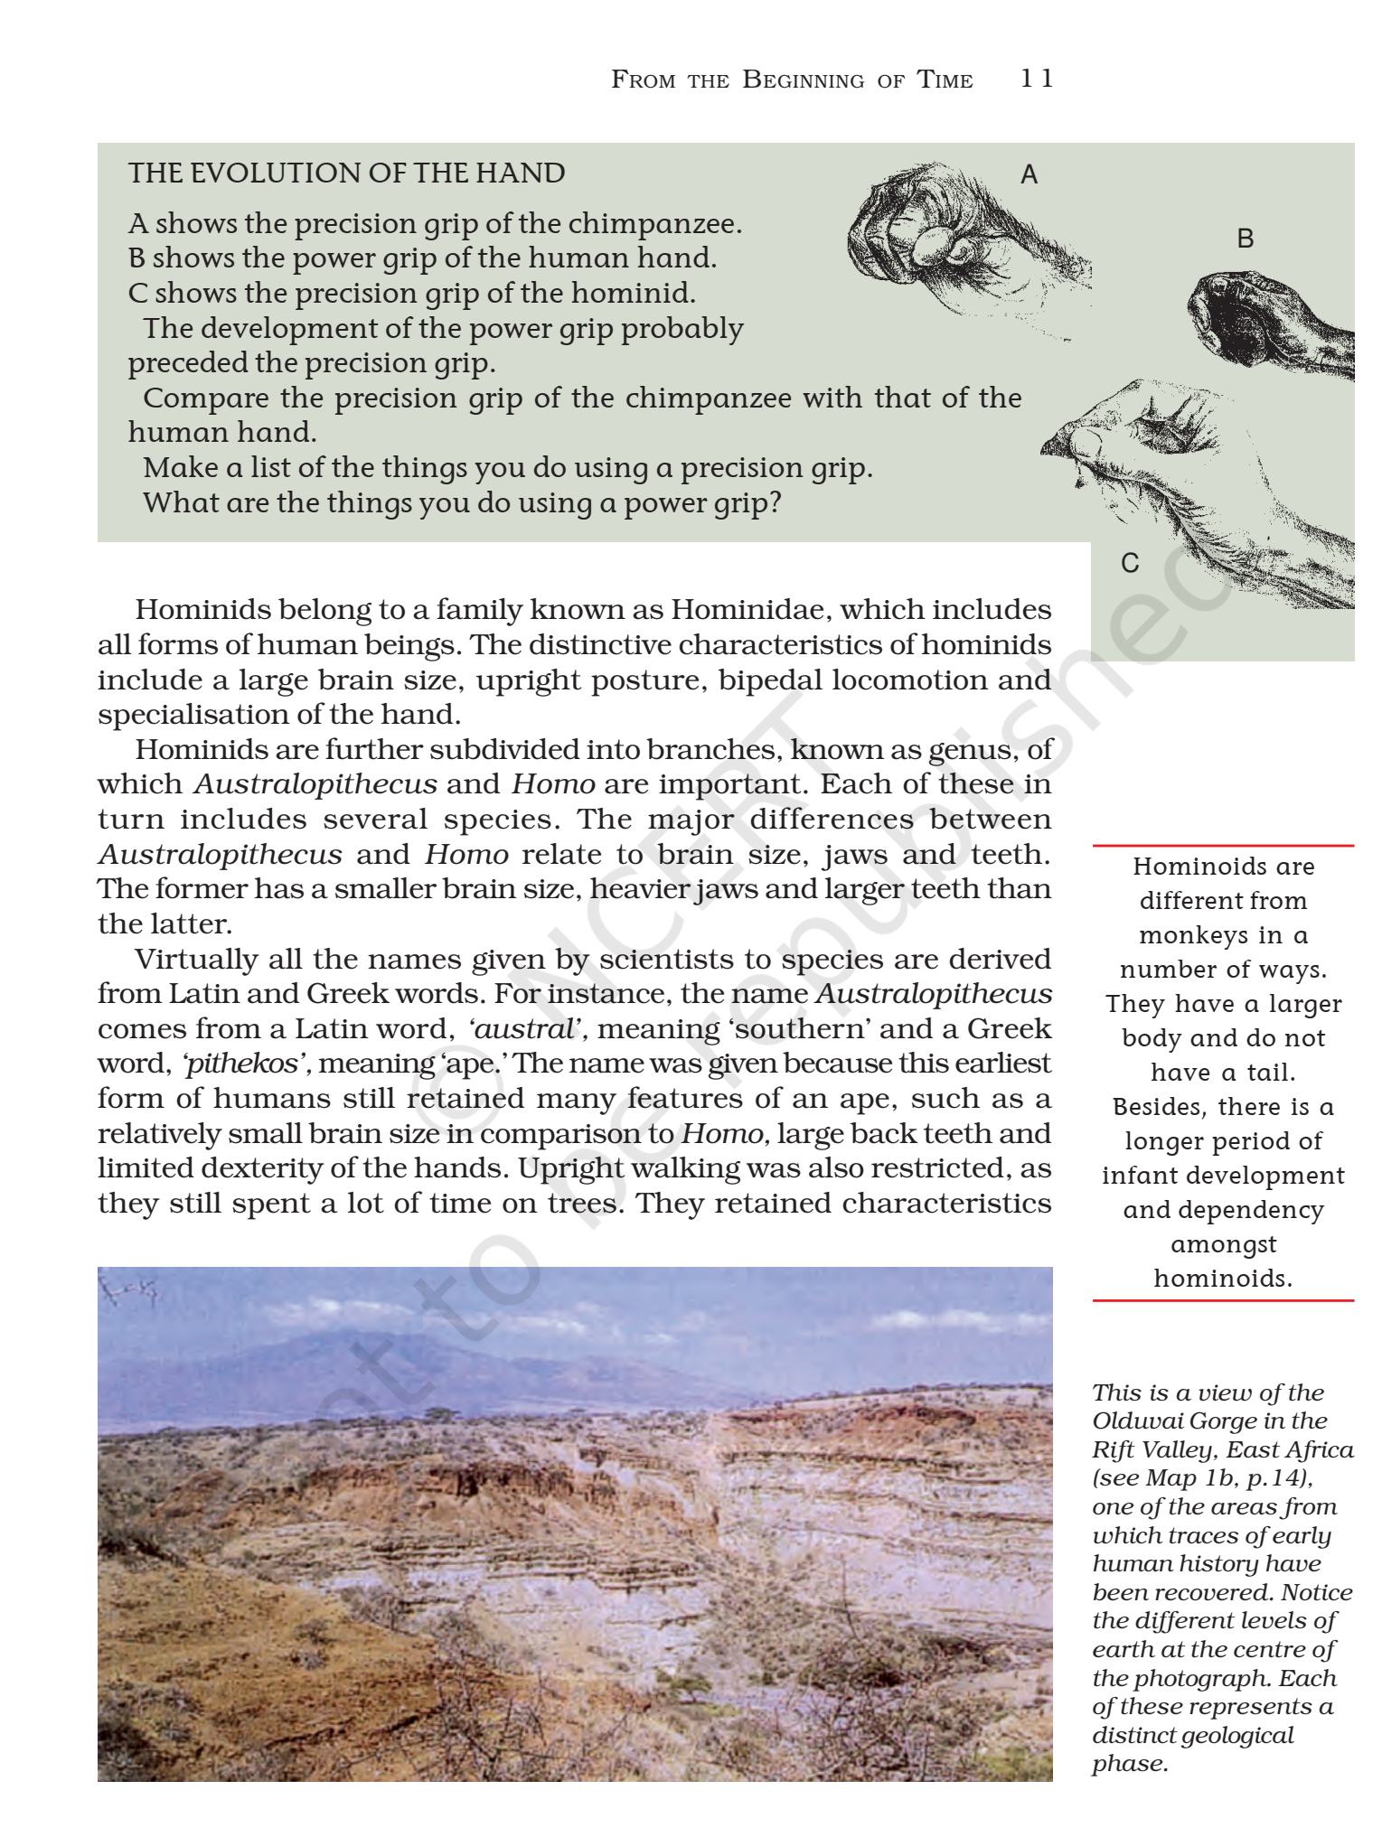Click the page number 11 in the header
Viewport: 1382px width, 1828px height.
click(x=1036, y=79)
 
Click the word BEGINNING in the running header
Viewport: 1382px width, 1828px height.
click(x=803, y=80)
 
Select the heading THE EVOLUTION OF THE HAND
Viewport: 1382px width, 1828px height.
click(x=346, y=173)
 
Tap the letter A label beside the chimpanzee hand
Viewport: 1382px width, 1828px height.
click(x=1029, y=174)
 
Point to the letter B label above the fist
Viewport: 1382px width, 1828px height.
click(x=1245, y=239)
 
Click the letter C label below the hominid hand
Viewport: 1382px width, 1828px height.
click(x=1130, y=563)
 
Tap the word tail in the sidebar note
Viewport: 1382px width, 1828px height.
click(x=1270, y=1073)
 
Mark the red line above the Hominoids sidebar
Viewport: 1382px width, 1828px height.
click(x=1223, y=846)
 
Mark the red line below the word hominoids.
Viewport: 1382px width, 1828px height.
click(x=1223, y=1300)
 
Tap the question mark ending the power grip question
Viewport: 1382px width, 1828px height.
click(x=774, y=502)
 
